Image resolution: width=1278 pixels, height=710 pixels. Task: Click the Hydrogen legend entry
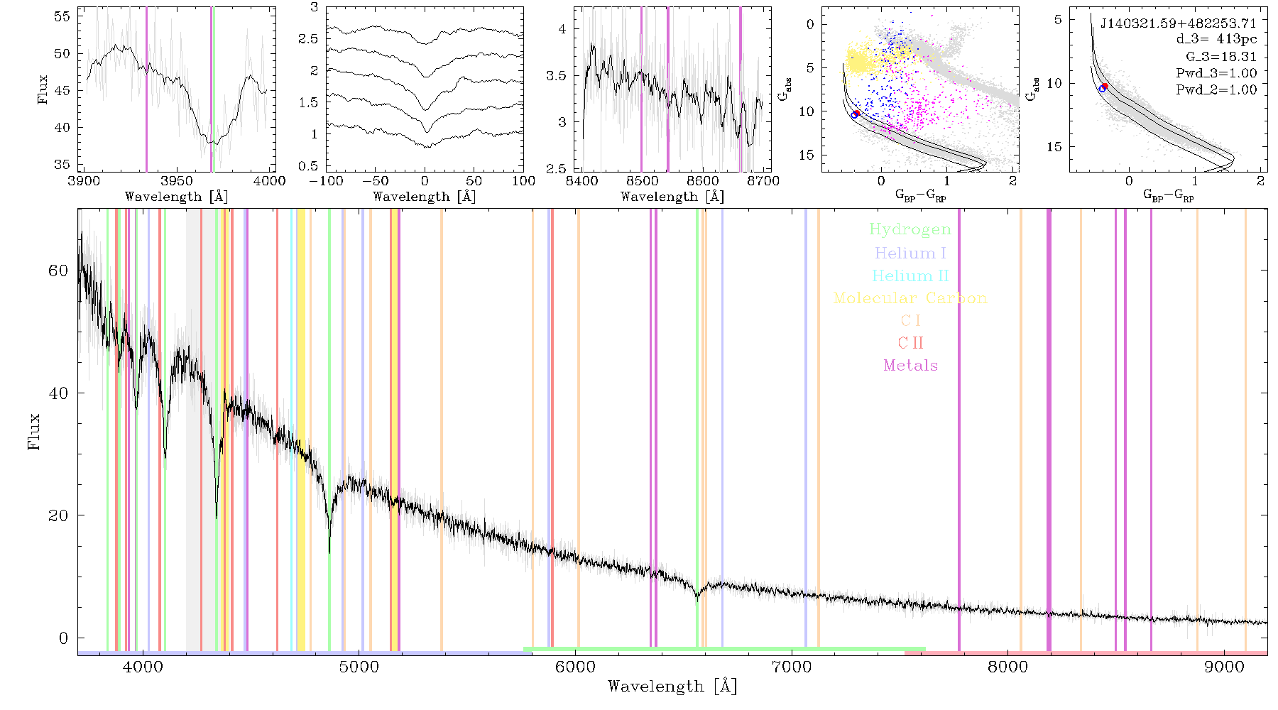pyautogui.click(x=910, y=229)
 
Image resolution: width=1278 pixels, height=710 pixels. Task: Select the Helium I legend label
pyautogui.click(x=910, y=253)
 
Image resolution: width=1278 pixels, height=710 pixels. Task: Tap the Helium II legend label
pyautogui.click(x=910, y=275)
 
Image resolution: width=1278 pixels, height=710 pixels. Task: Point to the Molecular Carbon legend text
pyautogui.click(x=910, y=298)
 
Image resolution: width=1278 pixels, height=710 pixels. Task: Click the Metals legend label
pyautogui.click(x=911, y=366)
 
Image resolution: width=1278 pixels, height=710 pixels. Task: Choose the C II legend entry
pyautogui.click(x=910, y=343)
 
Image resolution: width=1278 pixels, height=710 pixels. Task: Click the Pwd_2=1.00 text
pyautogui.click(x=1216, y=89)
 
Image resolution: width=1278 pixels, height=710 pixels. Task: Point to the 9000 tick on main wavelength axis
pyautogui.click(x=1224, y=667)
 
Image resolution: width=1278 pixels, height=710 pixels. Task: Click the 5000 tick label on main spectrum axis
pyautogui.click(x=359, y=667)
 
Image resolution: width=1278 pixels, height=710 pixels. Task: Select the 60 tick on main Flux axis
pyautogui.click(x=58, y=271)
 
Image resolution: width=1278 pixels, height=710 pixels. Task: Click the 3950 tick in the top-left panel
pyautogui.click(x=177, y=180)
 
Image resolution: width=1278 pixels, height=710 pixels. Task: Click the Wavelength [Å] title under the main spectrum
pyautogui.click(x=672, y=687)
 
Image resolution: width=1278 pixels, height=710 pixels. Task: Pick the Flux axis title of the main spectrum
pyautogui.click(x=33, y=431)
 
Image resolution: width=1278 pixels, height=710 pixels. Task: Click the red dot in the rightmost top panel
pyautogui.click(x=1105, y=86)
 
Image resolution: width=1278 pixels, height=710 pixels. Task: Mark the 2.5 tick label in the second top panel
pyautogui.click(x=308, y=38)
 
